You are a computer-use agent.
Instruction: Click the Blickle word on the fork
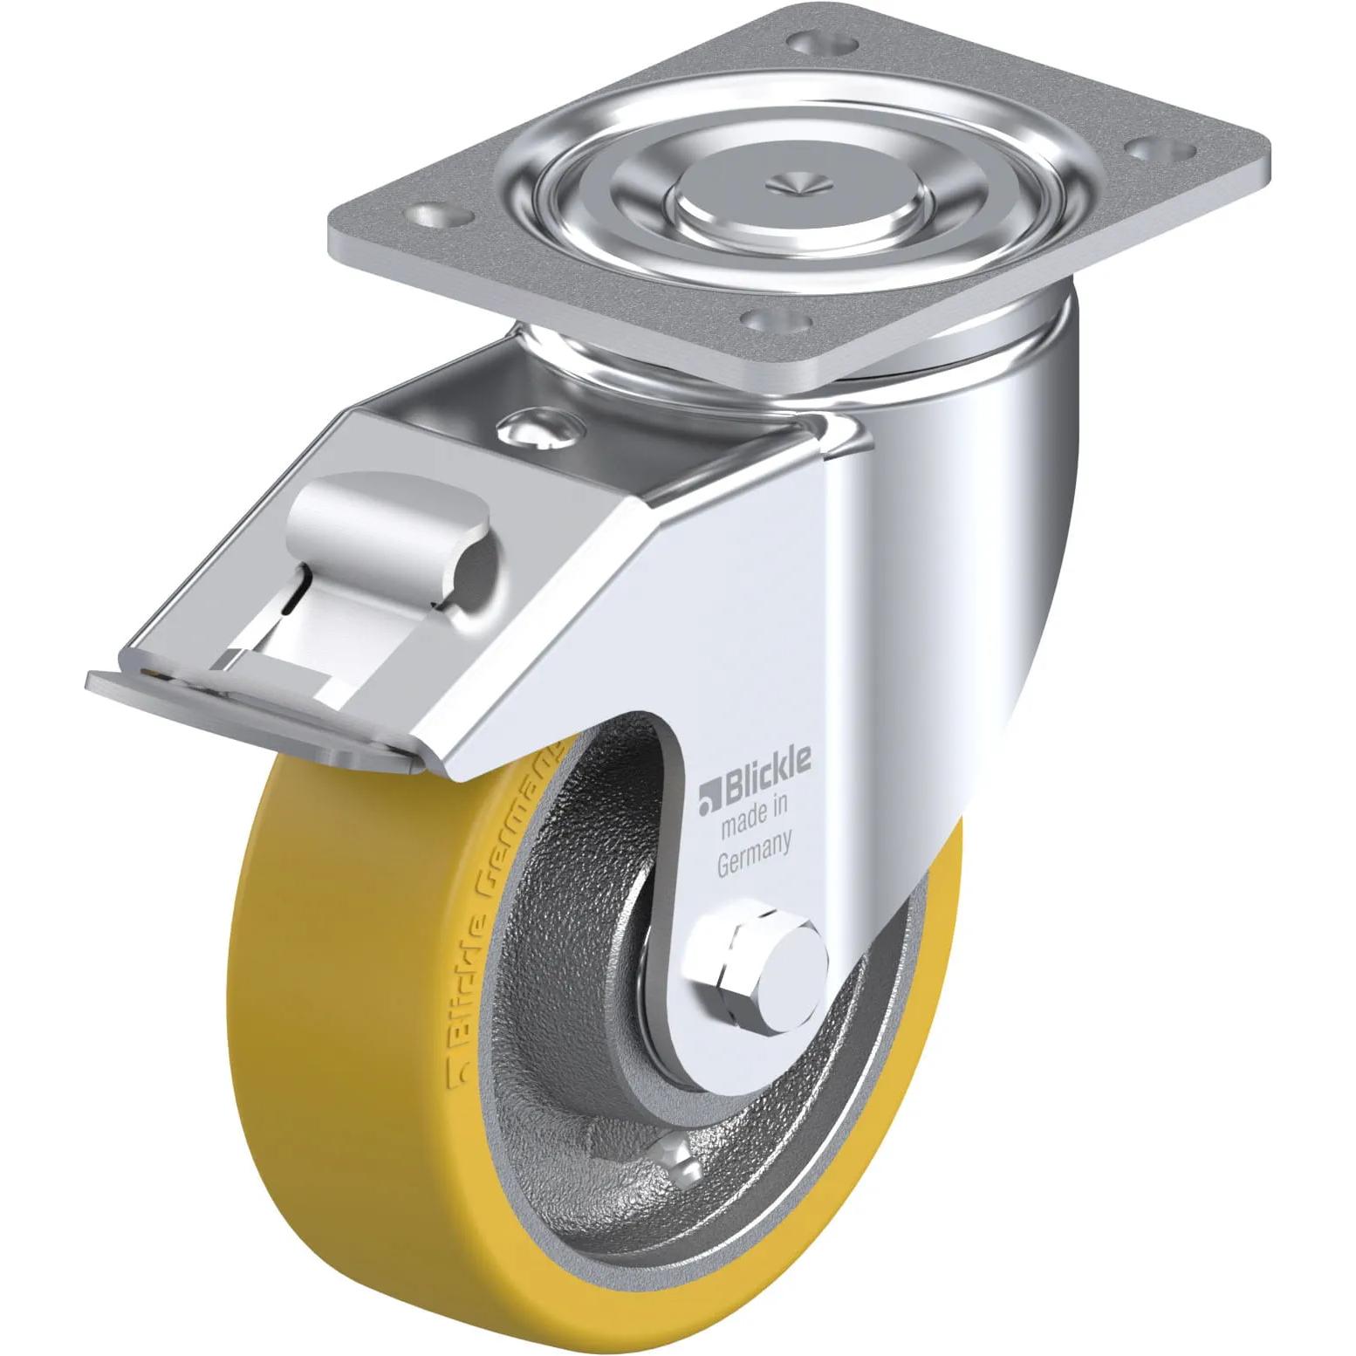tap(765, 763)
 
